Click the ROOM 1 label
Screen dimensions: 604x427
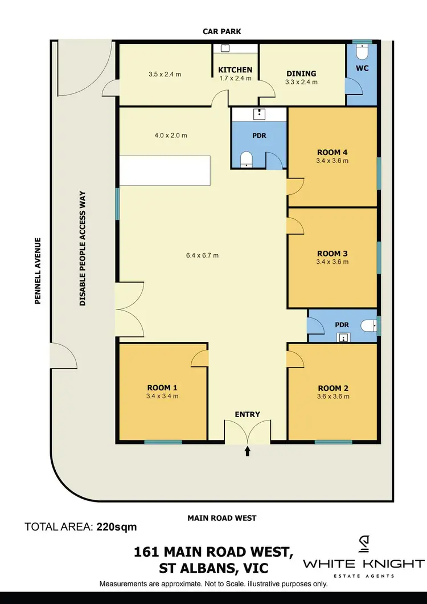162,388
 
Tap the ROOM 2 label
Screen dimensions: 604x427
333,388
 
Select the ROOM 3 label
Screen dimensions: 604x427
333,254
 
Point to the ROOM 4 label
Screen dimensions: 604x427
333,152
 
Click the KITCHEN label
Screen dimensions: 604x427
235,70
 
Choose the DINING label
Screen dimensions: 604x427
301,74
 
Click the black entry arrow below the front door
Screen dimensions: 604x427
247,452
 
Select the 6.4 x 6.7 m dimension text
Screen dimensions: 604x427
202,255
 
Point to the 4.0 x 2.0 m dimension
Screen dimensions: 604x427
171,136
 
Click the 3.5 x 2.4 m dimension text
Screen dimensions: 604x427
165,74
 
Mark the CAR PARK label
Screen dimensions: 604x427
222,31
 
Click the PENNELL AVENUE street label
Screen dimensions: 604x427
38,271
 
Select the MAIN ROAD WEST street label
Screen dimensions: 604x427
222,518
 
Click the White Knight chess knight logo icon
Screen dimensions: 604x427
363,546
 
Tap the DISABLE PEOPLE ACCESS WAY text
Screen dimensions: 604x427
83,248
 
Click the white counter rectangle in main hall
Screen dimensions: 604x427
164,170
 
